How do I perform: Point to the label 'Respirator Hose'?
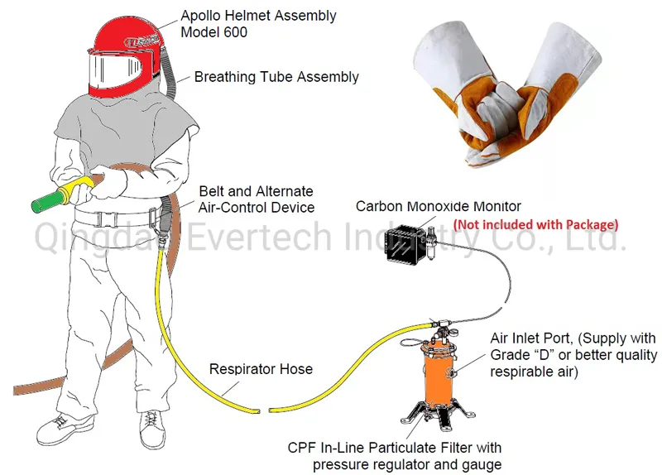click(261, 369)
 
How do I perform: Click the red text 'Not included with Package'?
click(535, 224)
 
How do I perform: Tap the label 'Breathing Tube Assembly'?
click(276, 77)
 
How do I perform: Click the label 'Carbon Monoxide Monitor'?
click(439, 206)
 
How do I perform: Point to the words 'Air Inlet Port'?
click(531, 338)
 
